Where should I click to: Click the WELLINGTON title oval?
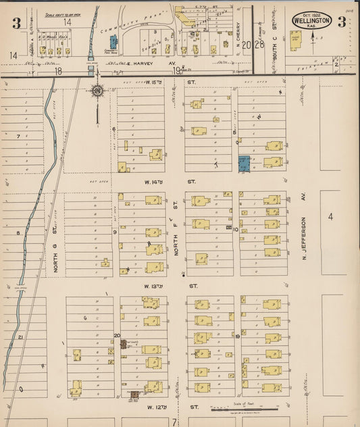(x=311, y=20)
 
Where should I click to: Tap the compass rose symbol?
(x=97, y=91)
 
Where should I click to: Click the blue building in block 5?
(x=244, y=163)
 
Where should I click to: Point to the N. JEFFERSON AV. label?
(x=304, y=230)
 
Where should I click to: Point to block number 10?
(x=236, y=230)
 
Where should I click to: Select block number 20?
(x=117, y=335)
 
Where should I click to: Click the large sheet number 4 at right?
(x=330, y=217)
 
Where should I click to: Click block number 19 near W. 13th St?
(x=237, y=335)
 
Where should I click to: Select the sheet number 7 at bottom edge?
(x=174, y=422)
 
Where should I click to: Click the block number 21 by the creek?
(x=21, y=336)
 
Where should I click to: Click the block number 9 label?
(x=115, y=232)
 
